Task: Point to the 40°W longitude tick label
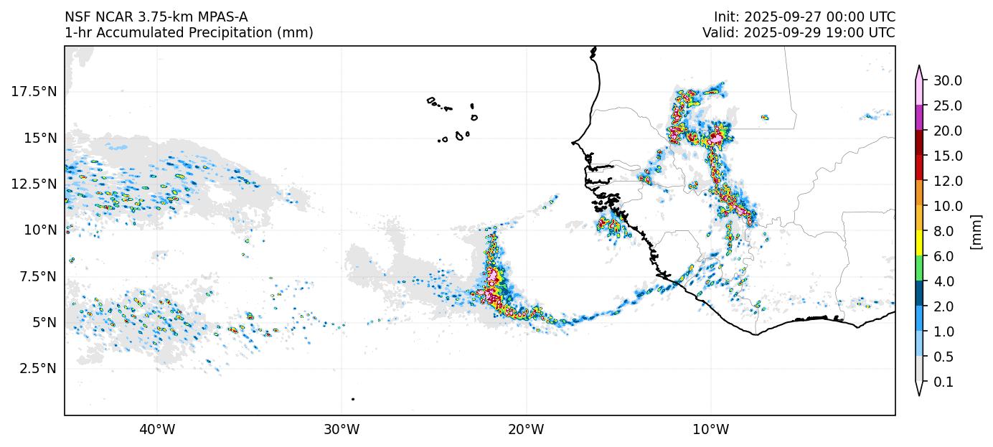click(156, 430)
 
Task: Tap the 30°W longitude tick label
click(342, 430)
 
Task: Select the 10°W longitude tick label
click(711, 430)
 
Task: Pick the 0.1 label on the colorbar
click(943, 382)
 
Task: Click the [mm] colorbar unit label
click(976, 231)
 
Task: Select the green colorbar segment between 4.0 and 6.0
click(918, 268)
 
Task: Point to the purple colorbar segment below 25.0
click(918, 118)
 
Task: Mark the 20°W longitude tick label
click(526, 430)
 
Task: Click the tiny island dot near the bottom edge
click(353, 399)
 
